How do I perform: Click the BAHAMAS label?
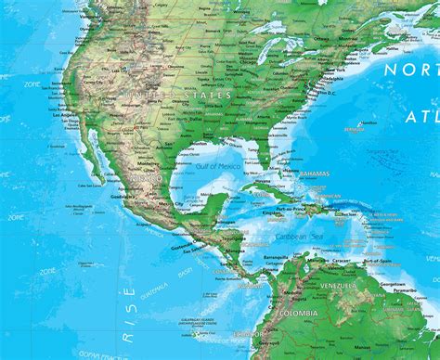316,173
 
